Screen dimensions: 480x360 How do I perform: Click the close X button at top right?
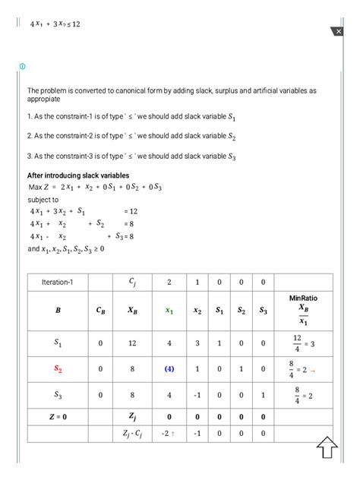(x=338, y=31)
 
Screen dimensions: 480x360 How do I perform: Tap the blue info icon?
(x=22, y=67)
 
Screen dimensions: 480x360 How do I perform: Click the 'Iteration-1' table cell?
(x=56, y=283)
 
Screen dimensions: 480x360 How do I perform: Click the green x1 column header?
(x=169, y=311)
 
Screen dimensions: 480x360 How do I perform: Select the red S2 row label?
(x=58, y=368)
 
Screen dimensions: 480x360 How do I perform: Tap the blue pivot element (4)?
(x=169, y=369)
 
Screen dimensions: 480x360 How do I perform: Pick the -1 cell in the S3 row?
(x=197, y=395)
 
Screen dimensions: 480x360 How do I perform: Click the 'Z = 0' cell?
(x=58, y=416)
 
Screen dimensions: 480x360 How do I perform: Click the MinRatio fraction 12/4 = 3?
(x=303, y=343)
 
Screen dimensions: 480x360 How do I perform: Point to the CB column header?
(x=100, y=311)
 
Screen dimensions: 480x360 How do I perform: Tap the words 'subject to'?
(x=43, y=199)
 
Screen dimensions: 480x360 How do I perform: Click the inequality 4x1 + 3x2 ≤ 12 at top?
(x=55, y=24)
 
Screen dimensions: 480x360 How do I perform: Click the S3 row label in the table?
(x=58, y=395)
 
